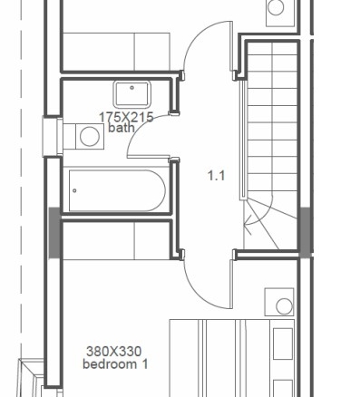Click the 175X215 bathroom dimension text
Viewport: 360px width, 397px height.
click(x=126, y=117)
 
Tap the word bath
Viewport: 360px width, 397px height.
click(x=122, y=128)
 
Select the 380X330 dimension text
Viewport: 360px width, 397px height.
click(x=114, y=352)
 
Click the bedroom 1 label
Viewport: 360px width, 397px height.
click(x=115, y=364)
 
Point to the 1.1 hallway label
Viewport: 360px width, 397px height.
click(x=217, y=175)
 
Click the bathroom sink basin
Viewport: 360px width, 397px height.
click(x=132, y=94)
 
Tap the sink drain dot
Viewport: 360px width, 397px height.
click(x=132, y=88)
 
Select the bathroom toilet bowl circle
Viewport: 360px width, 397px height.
click(x=90, y=136)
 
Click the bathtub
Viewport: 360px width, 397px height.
click(x=117, y=190)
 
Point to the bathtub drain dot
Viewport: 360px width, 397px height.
click(x=74, y=190)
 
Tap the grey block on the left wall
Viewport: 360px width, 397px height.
click(x=54, y=233)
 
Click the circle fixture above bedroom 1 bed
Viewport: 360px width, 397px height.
click(x=284, y=306)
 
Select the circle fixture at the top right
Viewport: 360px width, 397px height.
click(x=276, y=7)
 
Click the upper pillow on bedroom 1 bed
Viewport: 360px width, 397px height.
click(x=283, y=344)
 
